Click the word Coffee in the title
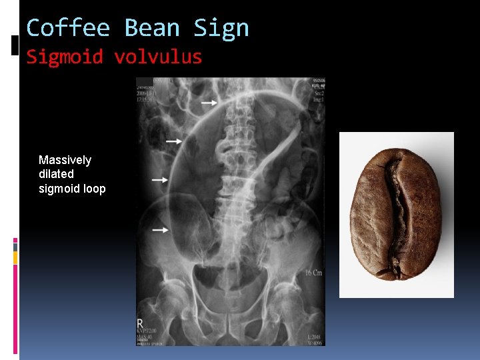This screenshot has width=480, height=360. (x=68, y=29)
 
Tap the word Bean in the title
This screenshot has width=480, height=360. (x=152, y=29)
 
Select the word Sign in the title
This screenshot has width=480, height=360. (x=221, y=29)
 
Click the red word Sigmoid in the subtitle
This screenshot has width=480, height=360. (x=65, y=57)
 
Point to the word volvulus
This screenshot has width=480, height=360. (x=158, y=57)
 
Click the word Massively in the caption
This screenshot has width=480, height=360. (x=65, y=160)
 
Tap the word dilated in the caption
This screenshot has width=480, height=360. (x=56, y=174)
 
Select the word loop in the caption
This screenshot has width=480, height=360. (x=95, y=189)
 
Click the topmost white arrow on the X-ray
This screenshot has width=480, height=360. (x=209, y=103)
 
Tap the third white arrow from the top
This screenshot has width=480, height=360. (x=160, y=179)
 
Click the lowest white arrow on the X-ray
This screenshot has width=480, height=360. (x=160, y=229)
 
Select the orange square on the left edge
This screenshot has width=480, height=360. (x=15, y=258)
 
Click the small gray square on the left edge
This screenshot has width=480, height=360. (x=15, y=247)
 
